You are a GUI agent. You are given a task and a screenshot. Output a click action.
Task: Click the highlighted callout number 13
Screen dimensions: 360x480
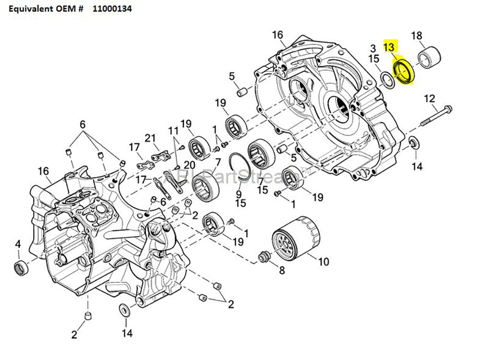[x=390, y=47]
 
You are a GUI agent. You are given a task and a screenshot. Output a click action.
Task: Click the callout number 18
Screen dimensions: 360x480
[x=417, y=36]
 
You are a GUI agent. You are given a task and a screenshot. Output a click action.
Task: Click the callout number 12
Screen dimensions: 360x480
[x=429, y=99]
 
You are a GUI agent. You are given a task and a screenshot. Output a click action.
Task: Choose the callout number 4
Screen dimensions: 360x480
[x=18, y=244]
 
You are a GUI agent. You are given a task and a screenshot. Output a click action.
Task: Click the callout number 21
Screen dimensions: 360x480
[x=151, y=139]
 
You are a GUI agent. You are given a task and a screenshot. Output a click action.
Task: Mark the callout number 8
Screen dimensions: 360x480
[x=281, y=270]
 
